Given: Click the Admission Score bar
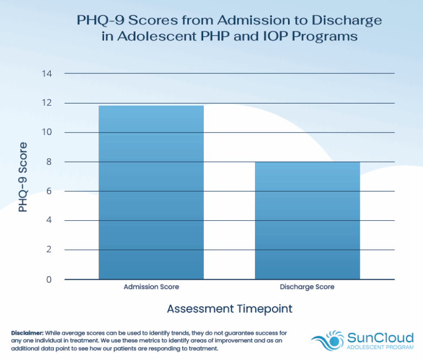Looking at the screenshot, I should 151,192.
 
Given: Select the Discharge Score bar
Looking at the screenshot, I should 307,220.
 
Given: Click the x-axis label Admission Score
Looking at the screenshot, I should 151,287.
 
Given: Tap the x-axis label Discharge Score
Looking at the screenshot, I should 307,287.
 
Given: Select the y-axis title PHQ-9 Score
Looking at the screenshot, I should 23,177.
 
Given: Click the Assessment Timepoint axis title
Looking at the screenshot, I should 230,309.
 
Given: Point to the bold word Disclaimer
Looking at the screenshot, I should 26,334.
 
